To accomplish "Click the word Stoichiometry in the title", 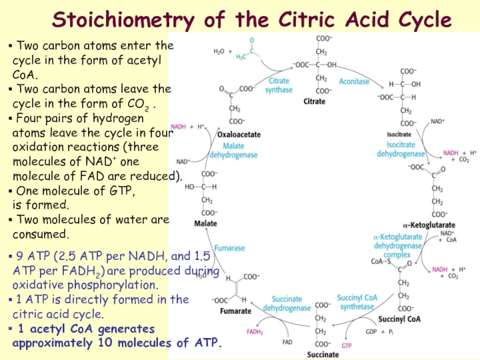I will [122, 20].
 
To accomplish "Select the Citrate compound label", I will [314, 101].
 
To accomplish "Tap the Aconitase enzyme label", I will [354, 81].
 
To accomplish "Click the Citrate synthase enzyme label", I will [279, 85].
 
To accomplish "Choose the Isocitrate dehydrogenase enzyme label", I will [401, 149].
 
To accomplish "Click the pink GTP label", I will [347, 346].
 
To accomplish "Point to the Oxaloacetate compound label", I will [239, 134].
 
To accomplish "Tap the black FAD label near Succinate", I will [288, 343].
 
